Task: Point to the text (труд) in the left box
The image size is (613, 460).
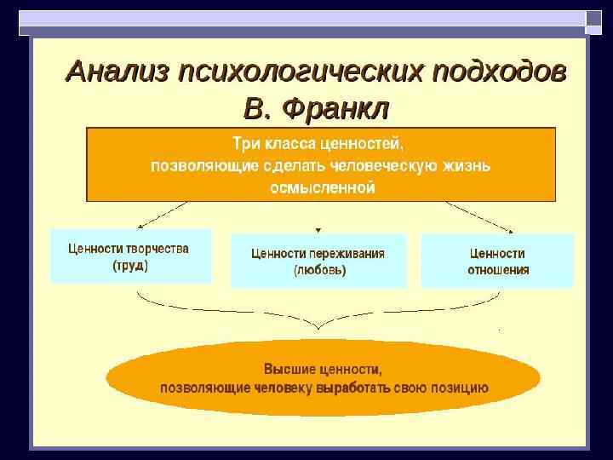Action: pos(129,265)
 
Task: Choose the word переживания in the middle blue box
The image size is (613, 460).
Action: pos(348,254)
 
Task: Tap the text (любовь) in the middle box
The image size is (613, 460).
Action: pos(319,271)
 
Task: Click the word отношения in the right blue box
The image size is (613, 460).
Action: pos(498,270)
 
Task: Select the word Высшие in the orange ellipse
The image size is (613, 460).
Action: pos(291,370)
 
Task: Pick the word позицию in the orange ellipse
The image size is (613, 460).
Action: pos(461,388)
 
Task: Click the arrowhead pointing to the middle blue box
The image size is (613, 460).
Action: pos(318,229)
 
